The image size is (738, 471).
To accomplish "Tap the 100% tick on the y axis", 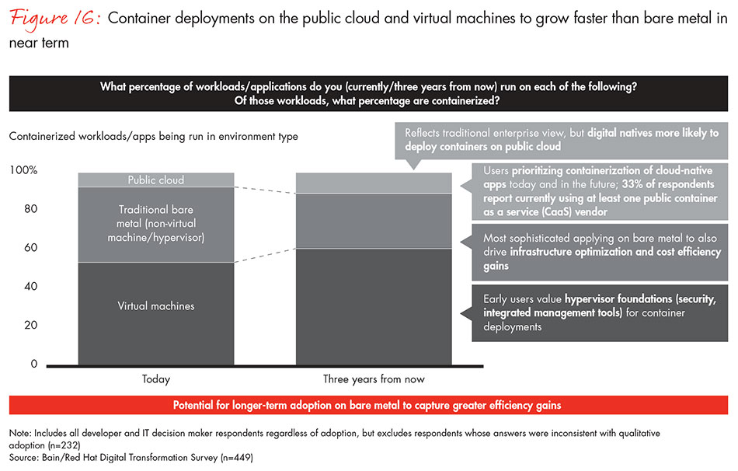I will click(x=23, y=170).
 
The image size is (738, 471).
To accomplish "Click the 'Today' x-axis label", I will click(x=155, y=380).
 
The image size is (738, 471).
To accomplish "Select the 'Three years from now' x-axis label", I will click(x=374, y=380).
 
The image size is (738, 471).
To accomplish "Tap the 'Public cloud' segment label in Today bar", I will click(x=155, y=180).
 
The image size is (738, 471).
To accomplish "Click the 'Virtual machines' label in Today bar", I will click(x=155, y=306).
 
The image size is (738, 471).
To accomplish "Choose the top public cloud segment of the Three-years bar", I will click(x=374, y=183).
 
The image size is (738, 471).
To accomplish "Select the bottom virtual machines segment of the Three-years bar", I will click(x=374, y=306).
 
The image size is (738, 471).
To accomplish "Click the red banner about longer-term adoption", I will click(x=369, y=406).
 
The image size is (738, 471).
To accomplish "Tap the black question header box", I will click(x=369, y=94).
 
